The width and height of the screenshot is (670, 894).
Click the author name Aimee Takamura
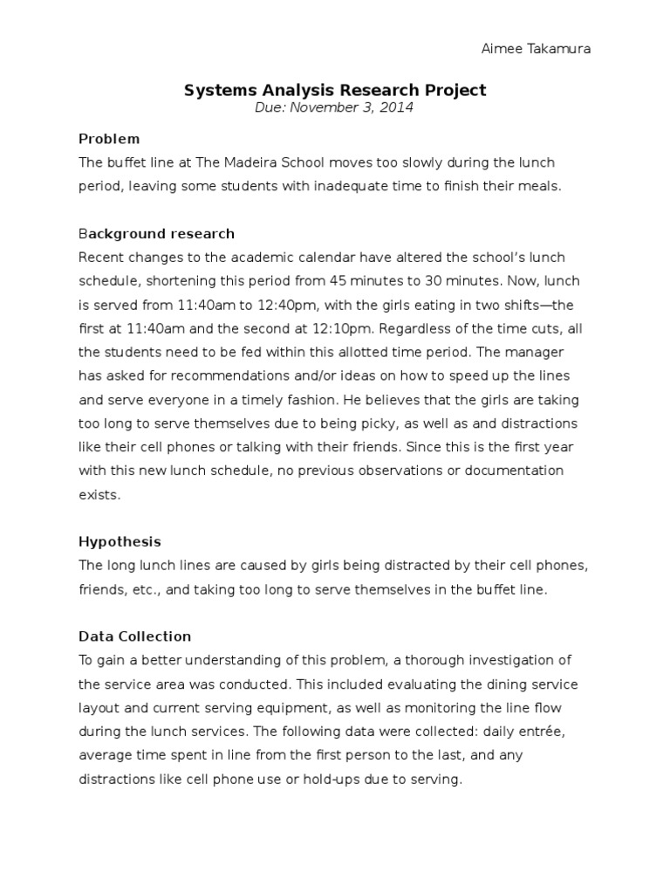(536, 49)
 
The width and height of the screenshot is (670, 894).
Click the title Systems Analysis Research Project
(335, 90)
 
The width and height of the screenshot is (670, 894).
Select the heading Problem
(109, 139)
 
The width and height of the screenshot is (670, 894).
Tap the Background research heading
(156, 234)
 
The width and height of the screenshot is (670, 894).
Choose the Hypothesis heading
(120, 541)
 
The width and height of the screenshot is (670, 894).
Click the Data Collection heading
(134, 636)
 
